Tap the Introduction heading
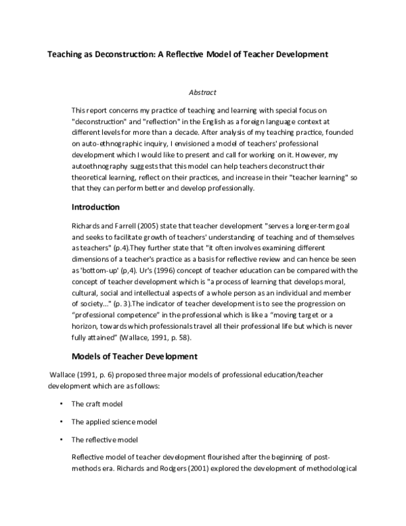[x=95, y=206]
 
